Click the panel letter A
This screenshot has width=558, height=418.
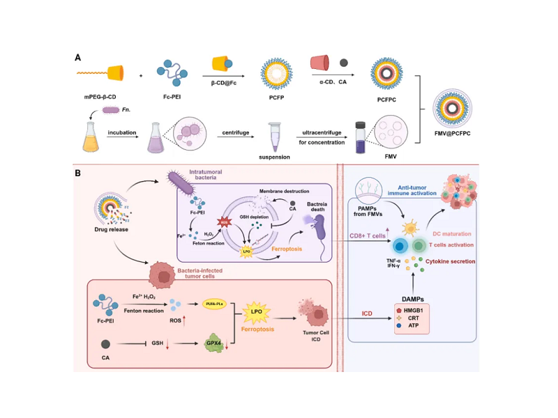pyautogui.click(x=78, y=58)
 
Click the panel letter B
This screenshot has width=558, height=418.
pyautogui.click(x=78, y=172)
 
